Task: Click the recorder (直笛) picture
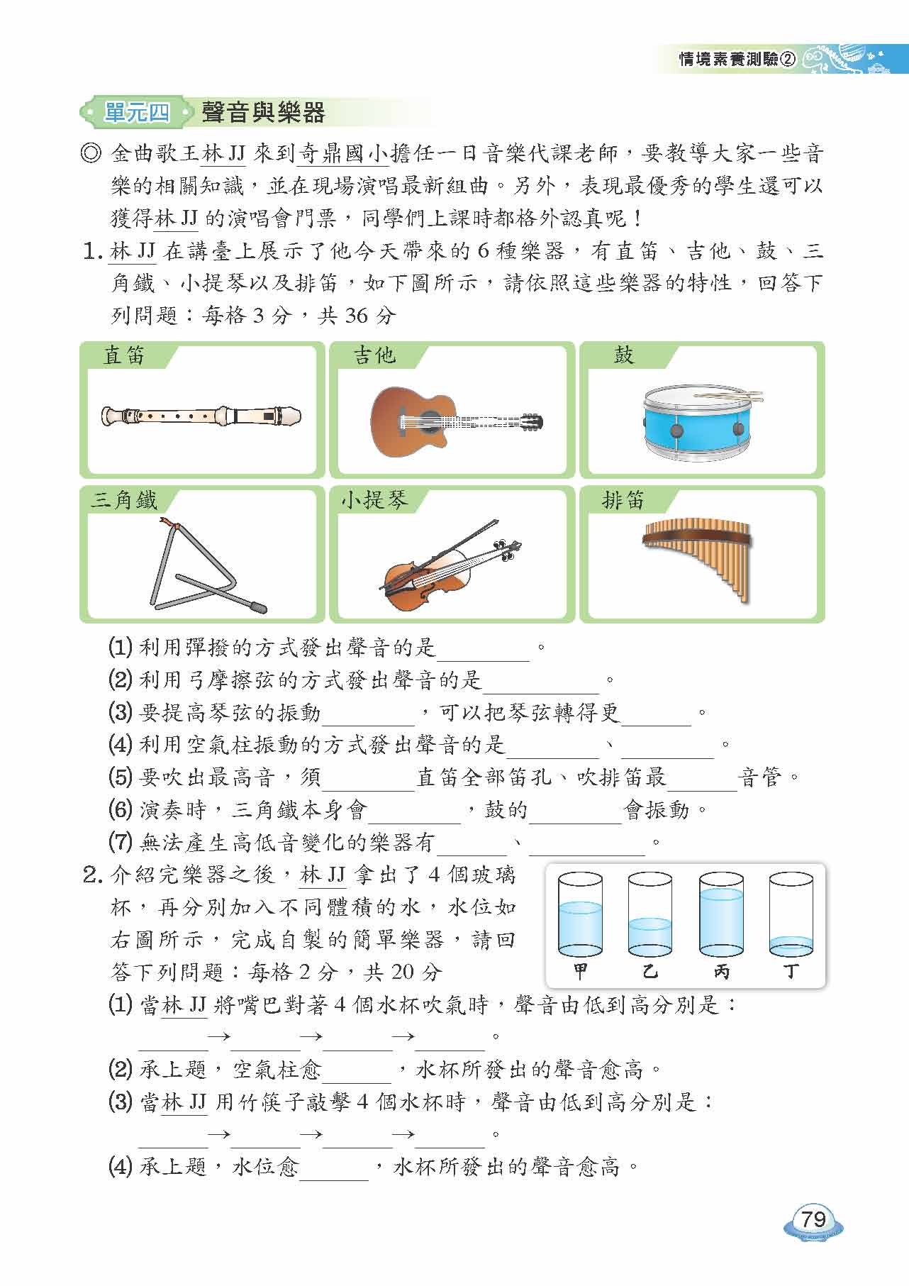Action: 201,416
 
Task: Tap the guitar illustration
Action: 456,421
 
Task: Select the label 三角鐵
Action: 123,500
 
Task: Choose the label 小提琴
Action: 374,500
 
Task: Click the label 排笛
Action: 623,500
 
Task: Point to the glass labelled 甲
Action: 580,914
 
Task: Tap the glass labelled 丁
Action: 791,914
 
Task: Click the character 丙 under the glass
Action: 721,970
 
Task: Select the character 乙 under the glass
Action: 650,970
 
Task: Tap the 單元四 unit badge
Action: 137,112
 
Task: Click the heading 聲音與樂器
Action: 263,112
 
